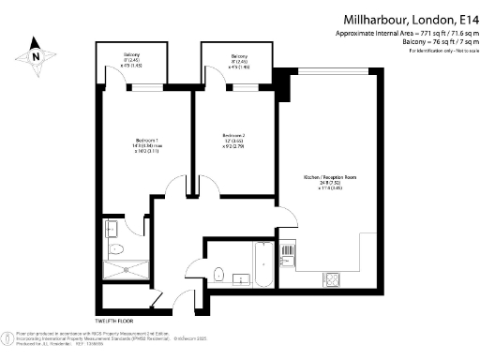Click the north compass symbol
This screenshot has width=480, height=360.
[35, 54]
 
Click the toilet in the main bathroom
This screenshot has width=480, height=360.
[217, 274]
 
